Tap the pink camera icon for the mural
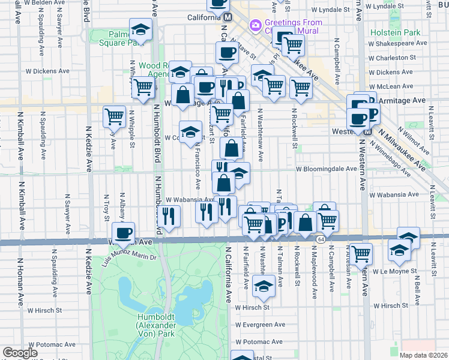pos(256,25)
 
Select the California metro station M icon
pos(228,18)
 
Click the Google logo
pos(20,353)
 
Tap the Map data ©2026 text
pos(423,355)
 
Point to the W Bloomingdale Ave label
pos(327,169)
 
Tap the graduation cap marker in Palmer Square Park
pos(140,30)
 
